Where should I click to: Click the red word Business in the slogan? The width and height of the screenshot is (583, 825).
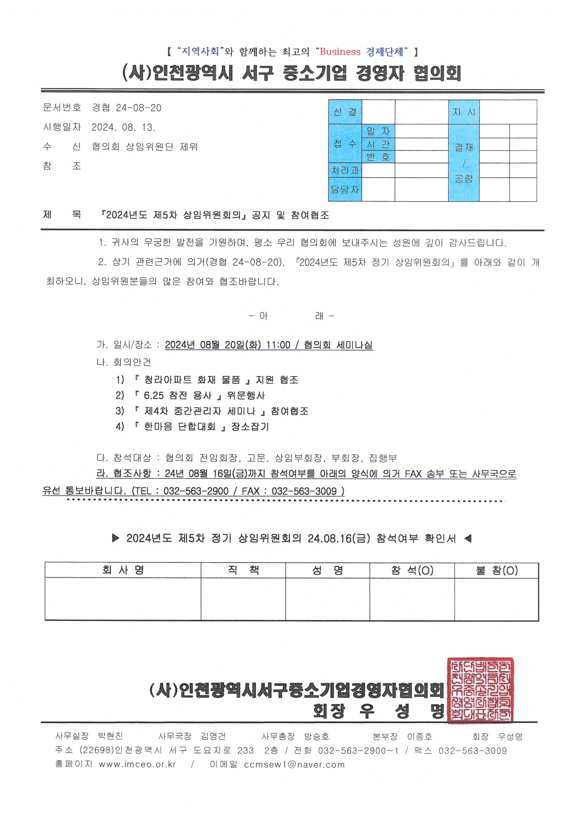coord(340,52)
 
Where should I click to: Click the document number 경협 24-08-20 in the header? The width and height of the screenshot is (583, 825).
coord(127,108)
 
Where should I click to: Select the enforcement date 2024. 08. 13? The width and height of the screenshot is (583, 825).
coord(123,127)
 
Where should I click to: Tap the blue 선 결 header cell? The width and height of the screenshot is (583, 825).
coord(345,112)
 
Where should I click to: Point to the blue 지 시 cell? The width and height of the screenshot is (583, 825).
coord(463,112)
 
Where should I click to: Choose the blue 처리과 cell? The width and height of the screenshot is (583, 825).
coord(345,170)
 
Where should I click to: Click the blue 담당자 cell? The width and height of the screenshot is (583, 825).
coord(345,189)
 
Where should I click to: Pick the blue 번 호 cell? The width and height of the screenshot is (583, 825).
coord(378,157)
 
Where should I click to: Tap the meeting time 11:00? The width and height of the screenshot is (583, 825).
coord(278,345)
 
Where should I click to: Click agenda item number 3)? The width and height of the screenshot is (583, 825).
coord(120,411)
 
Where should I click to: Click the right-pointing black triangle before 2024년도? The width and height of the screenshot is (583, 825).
coord(115,538)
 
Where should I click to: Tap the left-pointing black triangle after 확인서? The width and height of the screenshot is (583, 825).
coord(468,538)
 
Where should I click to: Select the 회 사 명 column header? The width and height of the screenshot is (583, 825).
coord(123,570)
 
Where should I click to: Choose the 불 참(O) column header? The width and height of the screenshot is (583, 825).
coord(497,570)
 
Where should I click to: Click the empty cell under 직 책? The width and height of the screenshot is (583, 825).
coord(243,599)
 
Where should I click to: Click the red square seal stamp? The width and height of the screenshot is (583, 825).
coord(480,690)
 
